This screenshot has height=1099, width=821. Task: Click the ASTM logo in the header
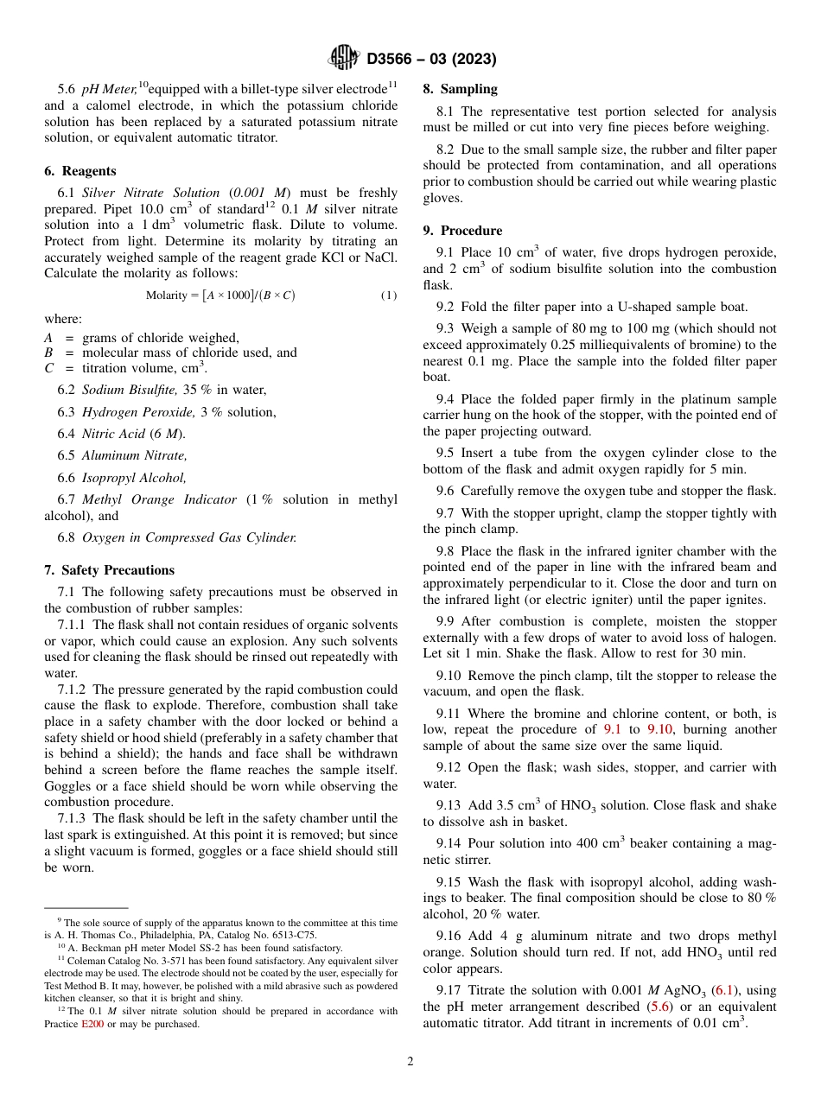click(344, 58)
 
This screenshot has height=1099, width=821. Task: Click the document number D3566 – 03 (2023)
click(431, 59)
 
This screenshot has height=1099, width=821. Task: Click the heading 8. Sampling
click(460, 89)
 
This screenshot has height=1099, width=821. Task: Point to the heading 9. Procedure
click(462, 231)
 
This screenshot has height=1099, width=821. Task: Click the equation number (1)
click(389, 295)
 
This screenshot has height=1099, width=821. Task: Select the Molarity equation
click(220, 295)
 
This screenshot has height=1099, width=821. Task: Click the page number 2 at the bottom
click(410, 1062)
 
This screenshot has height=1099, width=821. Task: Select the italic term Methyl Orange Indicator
click(159, 499)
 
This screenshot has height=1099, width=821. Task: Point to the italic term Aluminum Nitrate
click(134, 455)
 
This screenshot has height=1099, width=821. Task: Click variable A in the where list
click(48, 338)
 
